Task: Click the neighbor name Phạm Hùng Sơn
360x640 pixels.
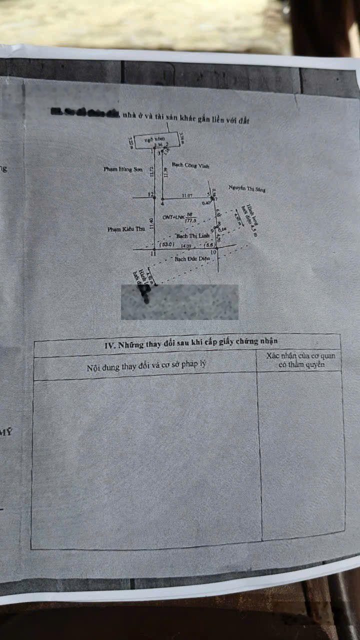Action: tap(123, 169)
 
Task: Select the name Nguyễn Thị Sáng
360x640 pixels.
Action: tap(247, 188)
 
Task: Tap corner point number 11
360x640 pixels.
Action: tap(152, 254)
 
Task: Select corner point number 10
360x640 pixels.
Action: tap(213, 252)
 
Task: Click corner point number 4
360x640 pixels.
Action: tap(162, 203)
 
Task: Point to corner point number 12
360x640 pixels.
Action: tap(150, 194)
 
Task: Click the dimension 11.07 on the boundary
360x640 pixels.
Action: tap(187, 195)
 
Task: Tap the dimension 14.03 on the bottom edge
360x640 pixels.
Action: tap(186, 245)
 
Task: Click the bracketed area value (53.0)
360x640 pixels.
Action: tap(166, 245)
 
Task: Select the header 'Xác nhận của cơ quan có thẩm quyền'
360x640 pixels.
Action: tap(300, 360)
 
